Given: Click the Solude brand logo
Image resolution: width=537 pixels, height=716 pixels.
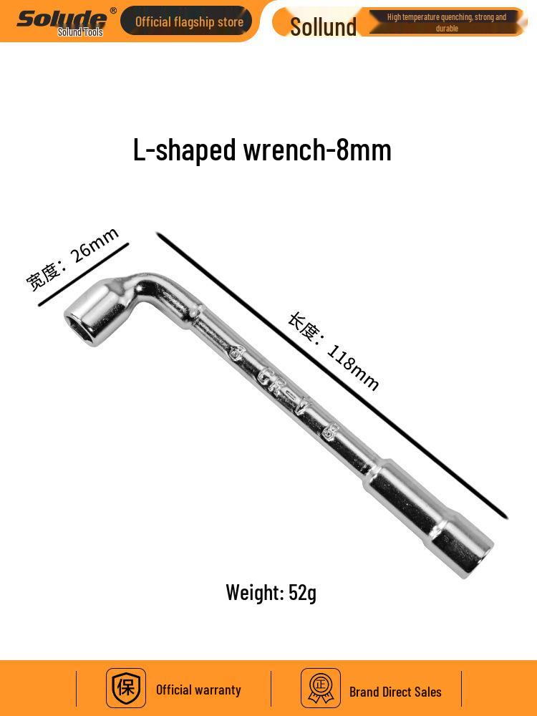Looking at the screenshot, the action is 62,19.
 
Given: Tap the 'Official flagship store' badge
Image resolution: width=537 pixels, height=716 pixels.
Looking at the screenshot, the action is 186,21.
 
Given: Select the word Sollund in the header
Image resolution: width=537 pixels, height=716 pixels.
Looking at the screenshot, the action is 324,26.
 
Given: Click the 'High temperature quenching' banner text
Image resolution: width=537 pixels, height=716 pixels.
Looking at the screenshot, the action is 447,22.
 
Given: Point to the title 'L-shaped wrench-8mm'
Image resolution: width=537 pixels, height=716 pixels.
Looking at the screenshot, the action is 262,150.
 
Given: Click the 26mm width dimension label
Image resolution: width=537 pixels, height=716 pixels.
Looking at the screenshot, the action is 72,258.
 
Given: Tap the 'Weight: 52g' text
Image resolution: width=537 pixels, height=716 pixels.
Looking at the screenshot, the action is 271,593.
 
